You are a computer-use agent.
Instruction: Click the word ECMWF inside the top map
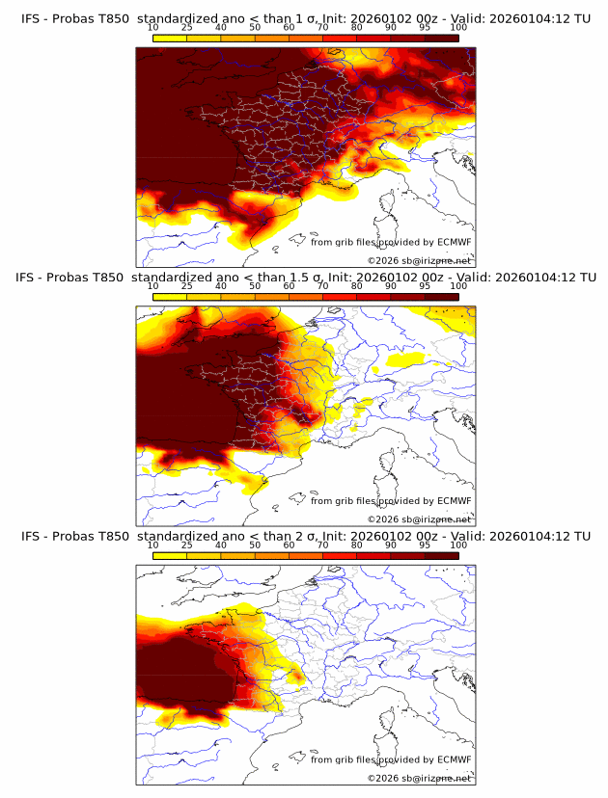click(454, 242)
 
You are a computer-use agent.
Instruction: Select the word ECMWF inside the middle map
click(454, 500)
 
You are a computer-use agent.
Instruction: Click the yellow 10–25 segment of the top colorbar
click(170, 38)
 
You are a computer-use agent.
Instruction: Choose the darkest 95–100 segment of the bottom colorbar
click(441, 554)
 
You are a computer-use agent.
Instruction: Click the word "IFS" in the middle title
click(27, 278)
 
